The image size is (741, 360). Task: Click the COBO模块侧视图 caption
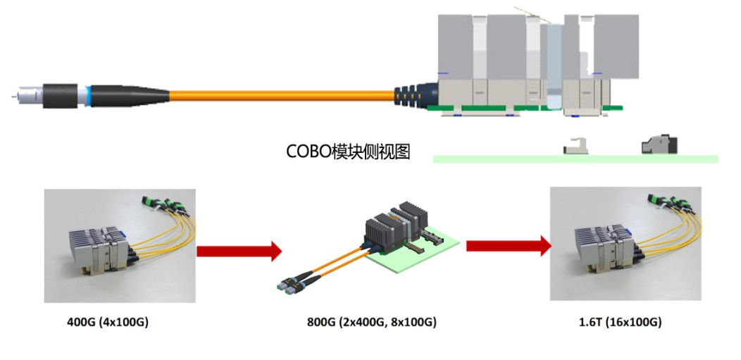point(348,151)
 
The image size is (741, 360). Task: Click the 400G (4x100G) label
point(108,323)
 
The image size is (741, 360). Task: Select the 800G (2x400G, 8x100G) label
point(371,323)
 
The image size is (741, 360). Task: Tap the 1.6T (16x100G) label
point(620,323)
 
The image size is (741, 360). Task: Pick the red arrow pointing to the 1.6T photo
point(508,246)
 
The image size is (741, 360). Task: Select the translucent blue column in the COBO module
point(554,67)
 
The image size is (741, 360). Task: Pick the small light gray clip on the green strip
point(573,147)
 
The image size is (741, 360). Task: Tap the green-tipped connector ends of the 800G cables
point(289,287)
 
